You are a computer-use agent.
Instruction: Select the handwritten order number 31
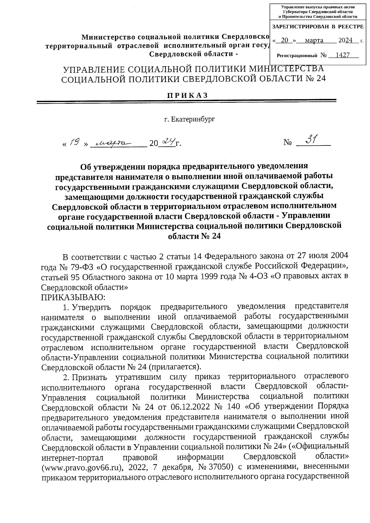pos(312,140)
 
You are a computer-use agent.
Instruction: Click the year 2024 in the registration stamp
pos(345,40)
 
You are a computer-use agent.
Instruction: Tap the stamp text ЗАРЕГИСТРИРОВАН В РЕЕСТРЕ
pos(318,27)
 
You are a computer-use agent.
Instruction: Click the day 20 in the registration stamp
pos(285,40)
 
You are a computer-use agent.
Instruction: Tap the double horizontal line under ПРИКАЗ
pos(186,101)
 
